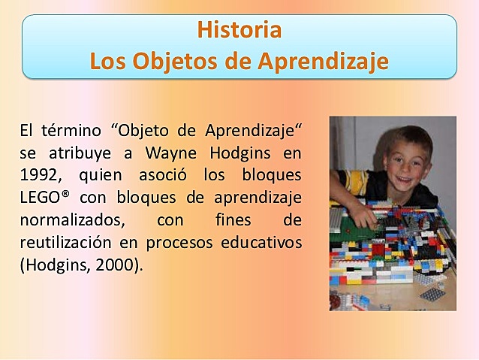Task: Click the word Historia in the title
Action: coord(239,31)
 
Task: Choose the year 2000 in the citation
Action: coord(114,266)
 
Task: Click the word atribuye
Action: coord(81,155)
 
